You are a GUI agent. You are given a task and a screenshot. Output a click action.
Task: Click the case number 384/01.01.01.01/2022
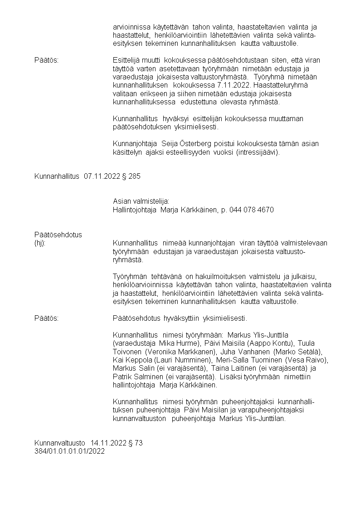pos(69,451)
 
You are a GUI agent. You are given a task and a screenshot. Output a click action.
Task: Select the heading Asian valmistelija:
pos(141,201)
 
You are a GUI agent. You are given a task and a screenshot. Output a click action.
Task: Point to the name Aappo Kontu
pos(263,343)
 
